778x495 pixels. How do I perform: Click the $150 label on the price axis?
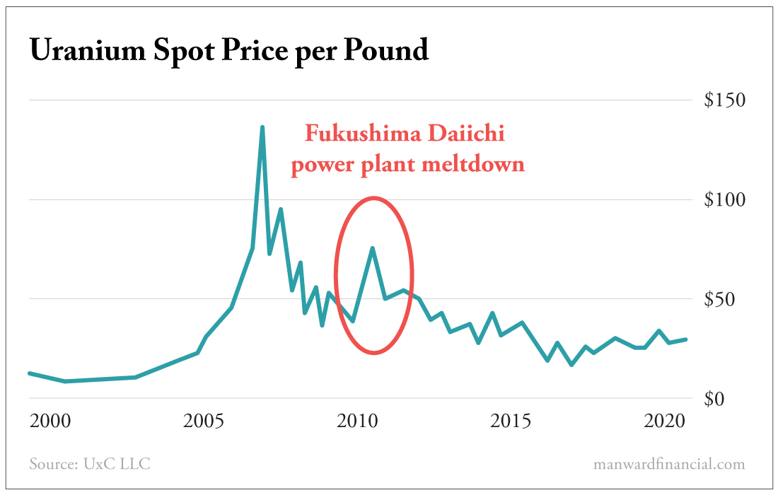click(724, 100)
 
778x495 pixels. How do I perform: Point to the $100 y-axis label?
click(724, 199)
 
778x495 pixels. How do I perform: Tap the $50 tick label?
click(728, 299)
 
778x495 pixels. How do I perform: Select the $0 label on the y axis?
click(732, 399)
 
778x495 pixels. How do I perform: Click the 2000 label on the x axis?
click(50, 422)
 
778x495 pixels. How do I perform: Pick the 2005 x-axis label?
click(204, 422)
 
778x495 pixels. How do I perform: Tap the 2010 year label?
click(358, 422)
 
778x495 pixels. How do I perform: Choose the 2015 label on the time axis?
click(511, 422)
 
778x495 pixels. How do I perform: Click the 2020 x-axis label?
click(664, 422)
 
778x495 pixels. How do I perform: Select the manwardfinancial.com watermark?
click(669, 465)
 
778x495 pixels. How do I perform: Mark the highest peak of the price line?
click(262, 127)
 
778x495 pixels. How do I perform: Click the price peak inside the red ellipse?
click(372, 248)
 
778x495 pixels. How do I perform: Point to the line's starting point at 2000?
click(30, 373)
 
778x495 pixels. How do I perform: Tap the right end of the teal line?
click(685, 339)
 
